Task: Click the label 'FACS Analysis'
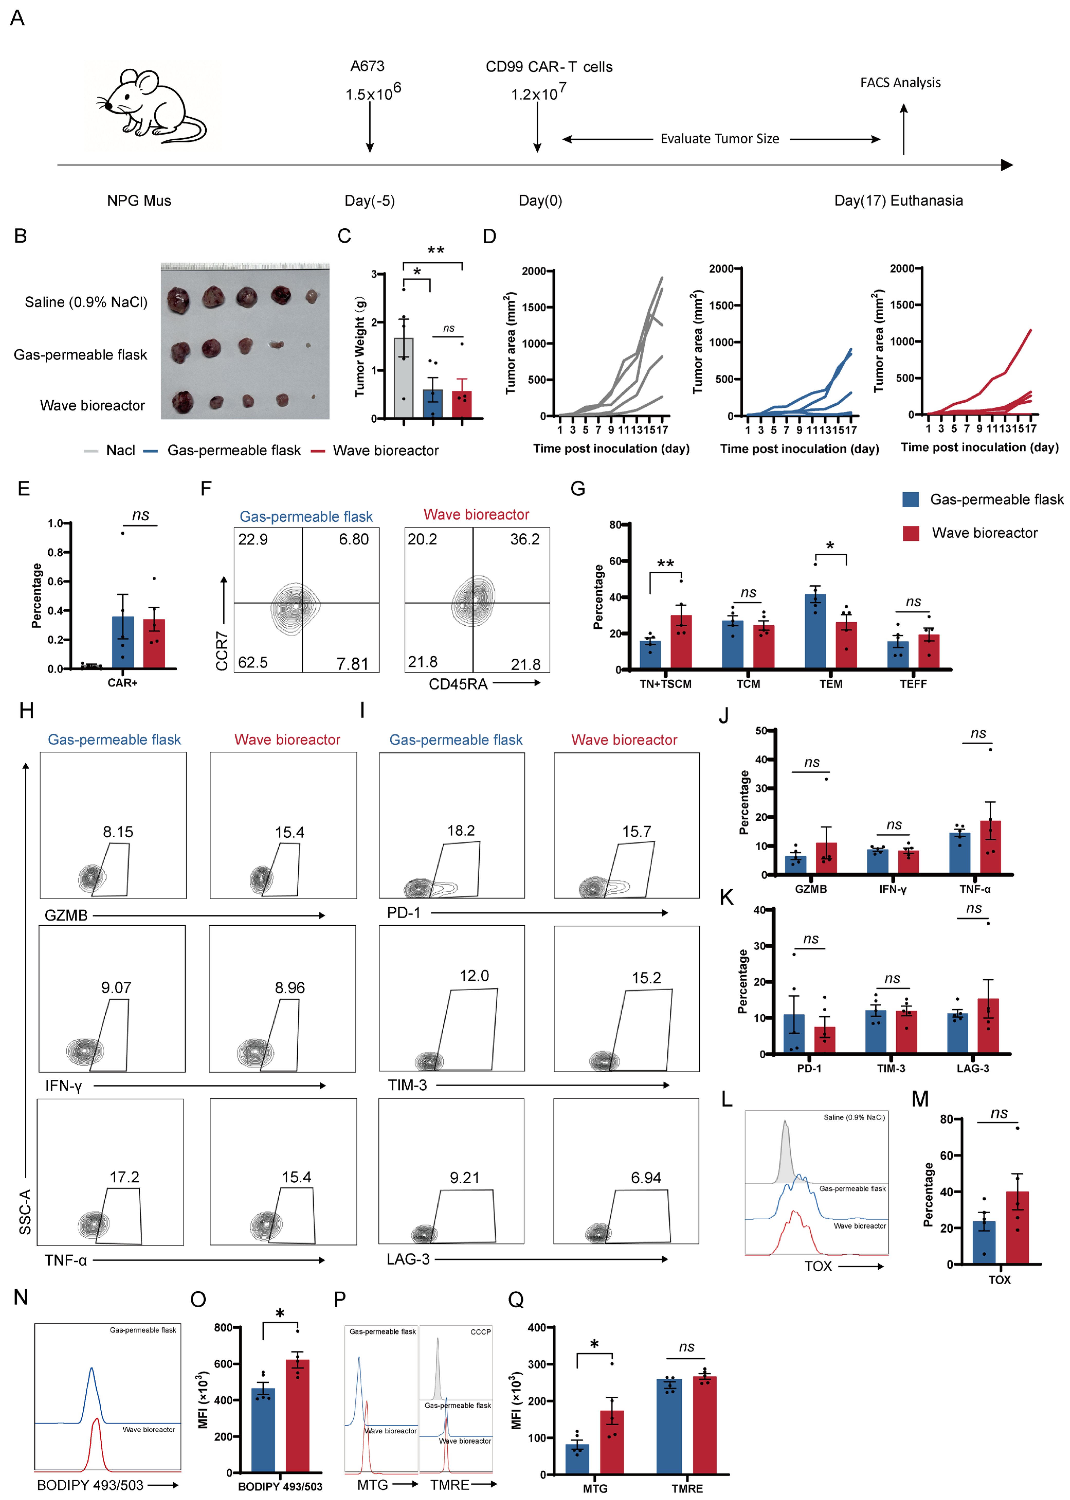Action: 900,82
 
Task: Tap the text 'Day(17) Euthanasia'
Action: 898,200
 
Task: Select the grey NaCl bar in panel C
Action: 403,379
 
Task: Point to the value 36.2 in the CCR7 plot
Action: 524,539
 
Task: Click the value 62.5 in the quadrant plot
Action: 253,662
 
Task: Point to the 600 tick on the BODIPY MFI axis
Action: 224,1363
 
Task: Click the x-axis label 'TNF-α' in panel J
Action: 974,889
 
